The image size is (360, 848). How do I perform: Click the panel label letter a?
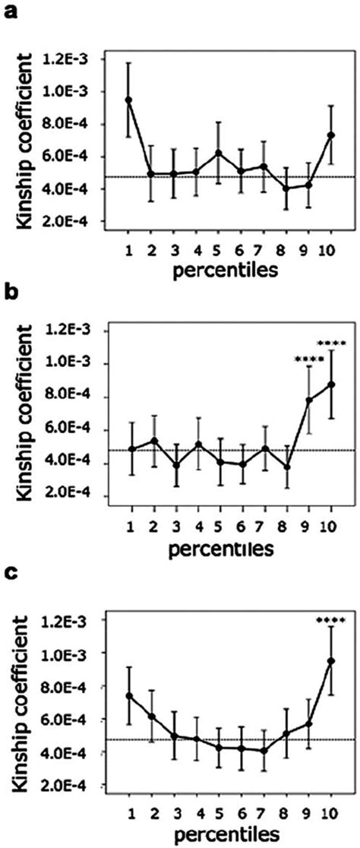[10, 11]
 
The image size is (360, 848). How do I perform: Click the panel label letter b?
[10, 292]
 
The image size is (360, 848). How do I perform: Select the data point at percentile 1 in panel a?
[129, 100]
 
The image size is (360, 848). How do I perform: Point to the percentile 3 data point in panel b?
[174, 465]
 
